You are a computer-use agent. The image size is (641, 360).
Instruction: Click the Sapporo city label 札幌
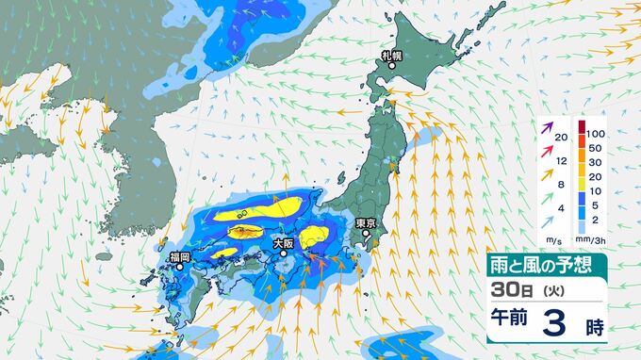pos(391,56)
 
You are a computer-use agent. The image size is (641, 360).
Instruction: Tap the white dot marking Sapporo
pos(392,66)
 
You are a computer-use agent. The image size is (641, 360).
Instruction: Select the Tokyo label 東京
pos(367,223)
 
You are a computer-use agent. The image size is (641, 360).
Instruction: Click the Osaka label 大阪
pos(283,243)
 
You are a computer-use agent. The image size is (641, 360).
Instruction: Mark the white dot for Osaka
pos(282,253)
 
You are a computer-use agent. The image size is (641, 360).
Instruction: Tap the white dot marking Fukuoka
pos(179,267)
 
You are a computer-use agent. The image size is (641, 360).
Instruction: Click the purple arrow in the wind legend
pos(547,127)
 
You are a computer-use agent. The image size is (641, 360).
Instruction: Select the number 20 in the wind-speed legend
pos(561,139)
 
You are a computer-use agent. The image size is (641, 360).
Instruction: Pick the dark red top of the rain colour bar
pos(581,127)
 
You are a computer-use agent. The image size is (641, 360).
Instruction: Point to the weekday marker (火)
pos(548,292)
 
